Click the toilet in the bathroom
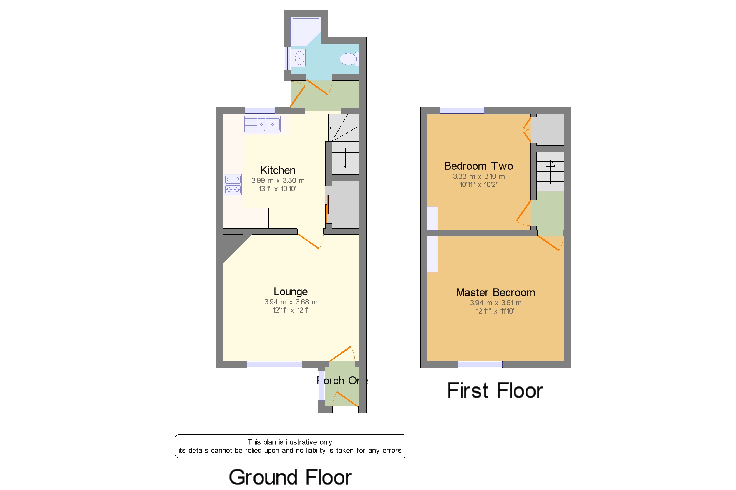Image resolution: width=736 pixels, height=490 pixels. pyautogui.click(x=349, y=59)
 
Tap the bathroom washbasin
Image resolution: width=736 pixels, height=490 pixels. pyautogui.click(x=298, y=58)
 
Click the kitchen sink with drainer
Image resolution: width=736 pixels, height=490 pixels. pyautogui.click(x=262, y=124)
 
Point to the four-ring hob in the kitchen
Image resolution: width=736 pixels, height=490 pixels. pyautogui.click(x=233, y=184)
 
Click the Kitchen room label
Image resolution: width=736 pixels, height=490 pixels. pyautogui.click(x=278, y=170)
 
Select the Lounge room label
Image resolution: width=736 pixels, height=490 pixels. pyautogui.click(x=291, y=291)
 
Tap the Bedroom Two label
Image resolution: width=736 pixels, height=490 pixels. pyautogui.click(x=479, y=166)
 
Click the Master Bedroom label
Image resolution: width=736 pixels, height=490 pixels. pyautogui.click(x=495, y=292)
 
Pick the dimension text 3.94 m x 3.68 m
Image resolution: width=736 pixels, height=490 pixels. pyautogui.click(x=291, y=302)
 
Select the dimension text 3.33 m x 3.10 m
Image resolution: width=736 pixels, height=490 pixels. pyautogui.click(x=479, y=176)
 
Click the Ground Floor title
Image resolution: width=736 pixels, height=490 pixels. pyautogui.click(x=290, y=477)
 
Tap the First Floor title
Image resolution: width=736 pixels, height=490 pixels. pyautogui.click(x=495, y=391)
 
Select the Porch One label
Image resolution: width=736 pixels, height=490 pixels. pyautogui.click(x=342, y=381)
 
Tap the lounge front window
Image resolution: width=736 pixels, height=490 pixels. pyautogui.click(x=274, y=364)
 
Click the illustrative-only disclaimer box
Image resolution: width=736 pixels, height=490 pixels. pyautogui.click(x=291, y=446)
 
